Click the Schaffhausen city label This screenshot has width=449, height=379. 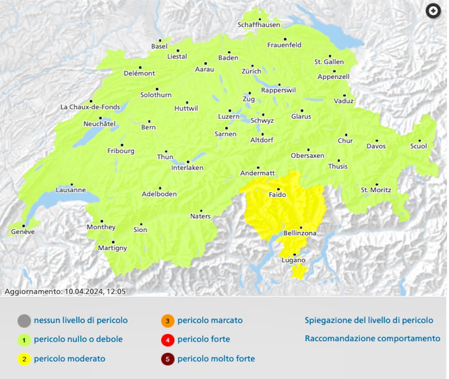(x=259, y=25)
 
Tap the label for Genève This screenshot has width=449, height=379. (x=23, y=232)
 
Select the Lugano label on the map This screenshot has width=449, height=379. (x=294, y=260)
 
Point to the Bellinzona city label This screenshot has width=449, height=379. (x=300, y=233)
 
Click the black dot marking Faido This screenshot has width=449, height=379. (x=278, y=189)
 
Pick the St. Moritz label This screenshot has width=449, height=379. (x=376, y=190)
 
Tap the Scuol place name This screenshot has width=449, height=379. (x=418, y=146)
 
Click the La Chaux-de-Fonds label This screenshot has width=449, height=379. (x=90, y=108)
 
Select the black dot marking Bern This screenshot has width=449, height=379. (x=149, y=121)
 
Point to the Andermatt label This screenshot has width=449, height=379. (x=257, y=173)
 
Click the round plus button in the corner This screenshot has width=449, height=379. (x=433, y=11)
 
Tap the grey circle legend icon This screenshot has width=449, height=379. (x=24, y=321)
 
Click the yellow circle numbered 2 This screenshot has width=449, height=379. (x=24, y=359)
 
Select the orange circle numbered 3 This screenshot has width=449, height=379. (x=167, y=321)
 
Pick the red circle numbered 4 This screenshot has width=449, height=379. (x=167, y=340)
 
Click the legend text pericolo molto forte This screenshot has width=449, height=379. (x=216, y=359)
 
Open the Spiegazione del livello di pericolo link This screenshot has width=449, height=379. (x=369, y=320)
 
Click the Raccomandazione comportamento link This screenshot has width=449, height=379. (x=372, y=338)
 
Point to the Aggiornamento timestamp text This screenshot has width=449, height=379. (x=65, y=291)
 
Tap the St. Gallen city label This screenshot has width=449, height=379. (x=329, y=62)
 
